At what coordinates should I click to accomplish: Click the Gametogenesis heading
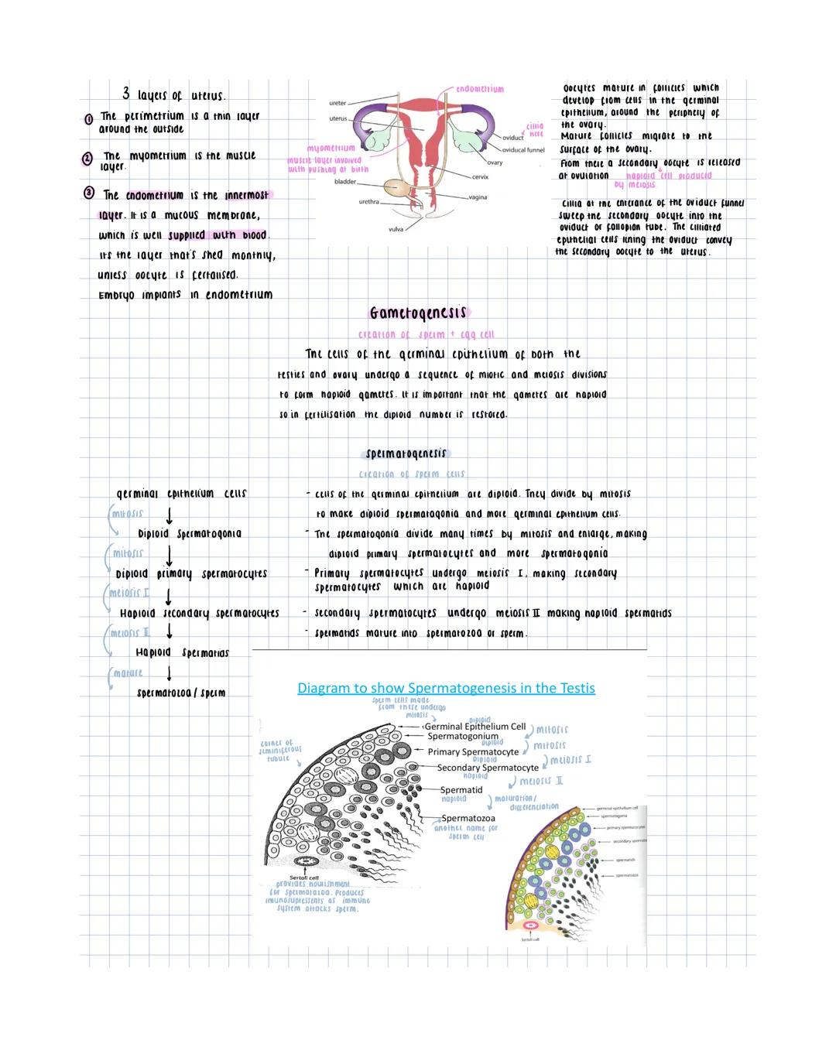point(419,313)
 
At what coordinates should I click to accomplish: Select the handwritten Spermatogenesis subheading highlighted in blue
point(406,453)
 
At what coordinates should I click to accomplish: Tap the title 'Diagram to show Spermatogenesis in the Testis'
point(446,688)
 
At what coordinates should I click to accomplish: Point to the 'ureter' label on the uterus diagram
point(337,103)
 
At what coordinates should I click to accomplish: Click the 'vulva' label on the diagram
point(396,230)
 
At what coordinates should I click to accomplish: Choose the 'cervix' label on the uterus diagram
point(480,177)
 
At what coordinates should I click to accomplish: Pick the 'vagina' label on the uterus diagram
point(478,197)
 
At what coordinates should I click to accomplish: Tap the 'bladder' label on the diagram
point(345,182)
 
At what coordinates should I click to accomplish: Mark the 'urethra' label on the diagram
point(369,202)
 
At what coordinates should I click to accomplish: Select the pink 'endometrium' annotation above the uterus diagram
point(480,90)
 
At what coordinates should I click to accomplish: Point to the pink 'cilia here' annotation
point(535,129)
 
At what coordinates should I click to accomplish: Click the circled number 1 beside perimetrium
point(89,119)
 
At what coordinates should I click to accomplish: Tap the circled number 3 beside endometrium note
point(90,193)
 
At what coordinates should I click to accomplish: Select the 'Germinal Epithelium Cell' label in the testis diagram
point(475,727)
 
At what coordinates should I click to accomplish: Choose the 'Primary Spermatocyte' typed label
point(473,751)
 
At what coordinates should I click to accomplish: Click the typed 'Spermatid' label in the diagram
point(461,790)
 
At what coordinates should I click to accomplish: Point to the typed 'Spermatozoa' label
point(468,818)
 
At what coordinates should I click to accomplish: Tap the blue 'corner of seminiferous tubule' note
point(280,750)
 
